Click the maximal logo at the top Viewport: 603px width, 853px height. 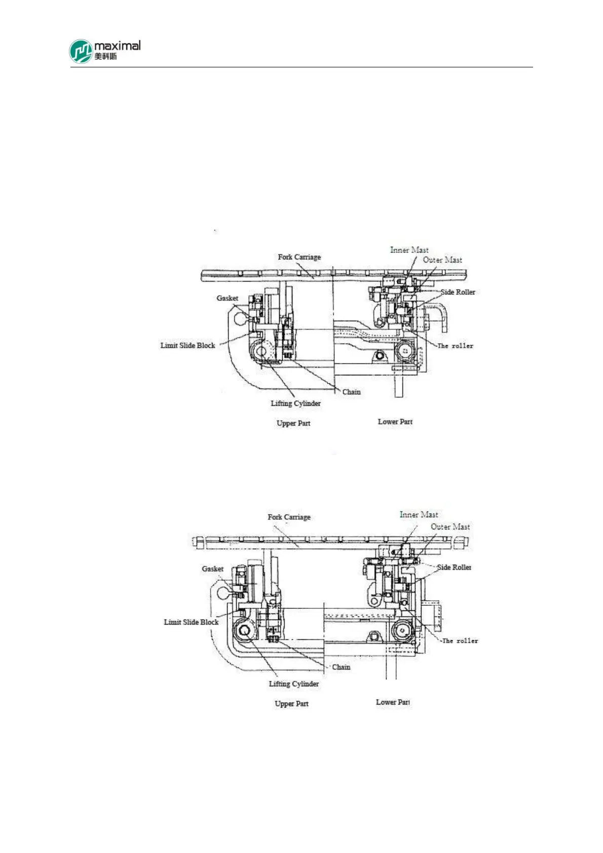[x=104, y=51]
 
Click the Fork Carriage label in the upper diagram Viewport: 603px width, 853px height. [x=299, y=257]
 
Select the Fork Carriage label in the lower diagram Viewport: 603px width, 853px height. [x=289, y=517]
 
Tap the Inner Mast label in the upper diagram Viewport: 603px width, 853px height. [x=409, y=250]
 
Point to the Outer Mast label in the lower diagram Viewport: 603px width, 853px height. [x=450, y=527]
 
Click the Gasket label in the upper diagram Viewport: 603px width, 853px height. [x=227, y=298]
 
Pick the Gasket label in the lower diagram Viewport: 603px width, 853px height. [x=212, y=569]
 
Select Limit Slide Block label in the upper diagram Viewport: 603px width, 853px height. [x=187, y=345]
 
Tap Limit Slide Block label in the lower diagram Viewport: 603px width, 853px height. [x=191, y=622]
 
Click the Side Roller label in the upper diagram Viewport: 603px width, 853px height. [x=458, y=292]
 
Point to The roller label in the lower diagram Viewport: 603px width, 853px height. [x=460, y=641]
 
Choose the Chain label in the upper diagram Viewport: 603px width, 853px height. [x=351, y=392]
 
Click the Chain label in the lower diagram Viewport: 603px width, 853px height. [x=341, y=667]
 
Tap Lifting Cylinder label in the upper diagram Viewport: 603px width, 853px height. [x=295, y=404]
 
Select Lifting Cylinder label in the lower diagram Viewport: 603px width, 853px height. [x=294, y=684]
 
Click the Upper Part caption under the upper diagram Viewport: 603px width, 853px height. [x=293, y=423]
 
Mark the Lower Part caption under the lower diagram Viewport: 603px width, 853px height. [x=393, y=702]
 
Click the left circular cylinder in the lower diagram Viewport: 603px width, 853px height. [x=245, y=631]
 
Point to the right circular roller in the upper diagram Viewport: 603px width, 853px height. [x=405, y=350]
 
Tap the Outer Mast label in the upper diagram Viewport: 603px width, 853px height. [x=442, y=260]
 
